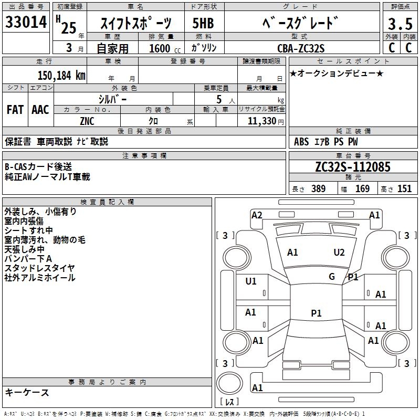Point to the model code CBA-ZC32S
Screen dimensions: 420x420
(301, 48)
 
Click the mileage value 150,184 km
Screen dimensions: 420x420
(61, 75)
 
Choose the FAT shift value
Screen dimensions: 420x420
(15, 110)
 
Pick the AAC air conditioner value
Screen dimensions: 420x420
(40, 110)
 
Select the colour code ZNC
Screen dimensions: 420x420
(87, 121)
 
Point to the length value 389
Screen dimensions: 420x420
(318, 189)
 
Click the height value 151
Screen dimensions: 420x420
(404, 189)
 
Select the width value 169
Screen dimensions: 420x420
(362, 189)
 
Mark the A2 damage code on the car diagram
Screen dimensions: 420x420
(257, 215)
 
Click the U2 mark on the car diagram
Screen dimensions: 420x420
(339, 253)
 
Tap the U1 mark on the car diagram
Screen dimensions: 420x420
(251, 281)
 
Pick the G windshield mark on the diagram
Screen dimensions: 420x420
(332, 277)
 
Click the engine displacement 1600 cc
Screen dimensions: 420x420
(160, 48)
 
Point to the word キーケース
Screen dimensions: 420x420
(27, 393)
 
